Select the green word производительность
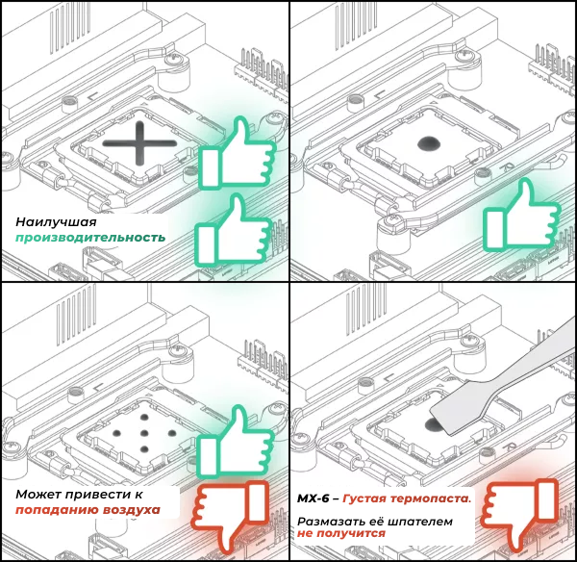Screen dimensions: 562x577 89,238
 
